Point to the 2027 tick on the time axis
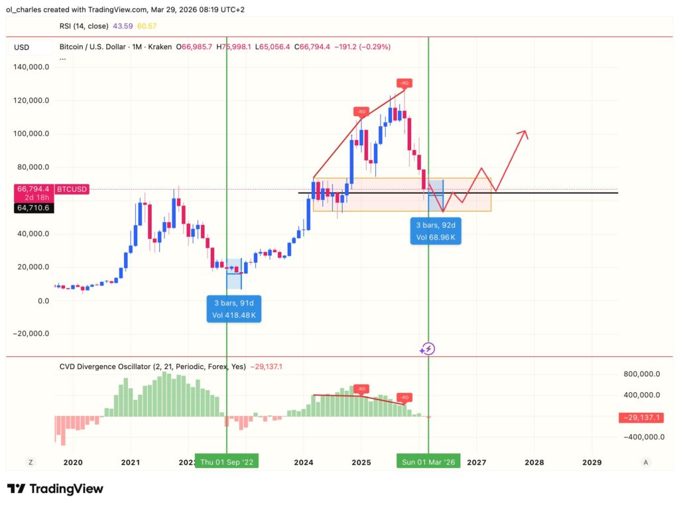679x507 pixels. (x=476, y=462)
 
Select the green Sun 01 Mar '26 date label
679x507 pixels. (x=428, y=462)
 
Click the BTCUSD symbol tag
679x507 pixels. (x=71, y=189)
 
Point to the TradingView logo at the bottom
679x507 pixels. (x=55, y=489)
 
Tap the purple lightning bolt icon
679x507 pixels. (x=428, y=348)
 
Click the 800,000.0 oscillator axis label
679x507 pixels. (x=641, y=374)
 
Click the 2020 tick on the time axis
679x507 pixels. (x=72, y=462)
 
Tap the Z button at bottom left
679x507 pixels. (x=30, y=462)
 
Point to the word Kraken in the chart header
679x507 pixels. (x=159, y=47)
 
